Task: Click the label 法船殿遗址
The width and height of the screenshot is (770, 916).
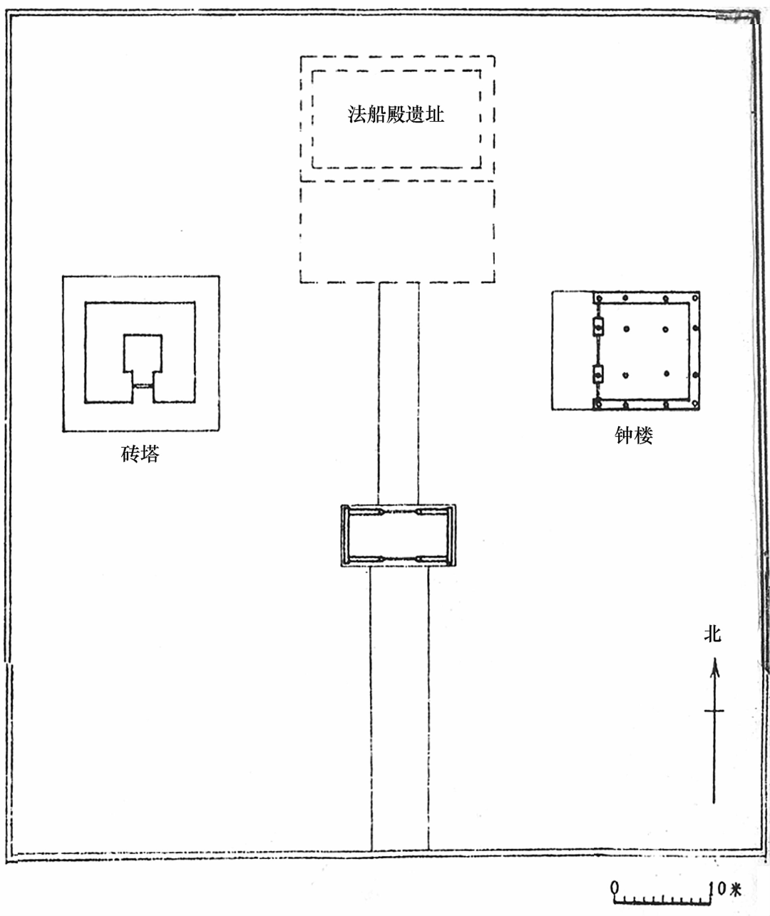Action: click(396, 114)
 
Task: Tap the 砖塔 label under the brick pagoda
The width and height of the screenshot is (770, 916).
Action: click(140, 453)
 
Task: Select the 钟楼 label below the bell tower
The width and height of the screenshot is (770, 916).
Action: click(633, 435)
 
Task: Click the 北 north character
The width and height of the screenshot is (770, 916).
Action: click(713, 633)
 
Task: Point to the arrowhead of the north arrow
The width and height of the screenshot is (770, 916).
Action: click(714, 667)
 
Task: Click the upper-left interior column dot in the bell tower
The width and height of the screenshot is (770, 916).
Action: click(626, 329)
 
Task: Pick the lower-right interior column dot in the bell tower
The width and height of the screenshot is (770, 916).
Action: click(665, 374)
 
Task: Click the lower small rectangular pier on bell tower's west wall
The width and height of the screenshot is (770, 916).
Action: click(597, 373)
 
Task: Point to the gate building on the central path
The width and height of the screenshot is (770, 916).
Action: click(399, 535)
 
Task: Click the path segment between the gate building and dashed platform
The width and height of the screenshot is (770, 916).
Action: click(399, 392)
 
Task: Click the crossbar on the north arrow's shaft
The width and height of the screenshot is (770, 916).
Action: click(714, 711)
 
